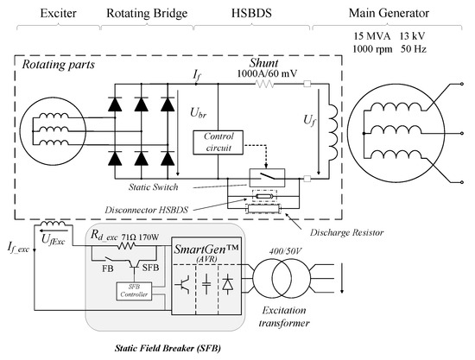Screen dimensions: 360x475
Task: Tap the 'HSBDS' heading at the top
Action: point(251,14)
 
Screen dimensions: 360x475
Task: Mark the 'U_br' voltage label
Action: point(194,113)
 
